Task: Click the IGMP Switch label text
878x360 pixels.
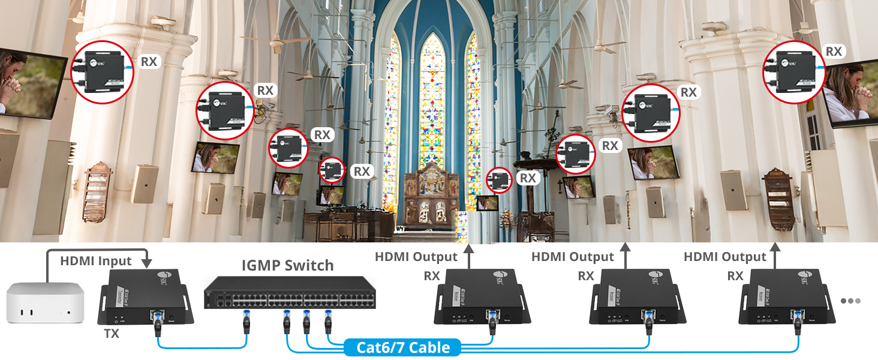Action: click(287, 265)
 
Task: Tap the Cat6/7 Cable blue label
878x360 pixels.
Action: click(402, 347)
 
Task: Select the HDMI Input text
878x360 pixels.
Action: click(96, 261)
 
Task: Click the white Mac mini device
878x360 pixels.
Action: click(43, 305)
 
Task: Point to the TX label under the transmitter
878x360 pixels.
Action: click(111, 334)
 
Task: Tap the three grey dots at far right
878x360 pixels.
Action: click(851, 301)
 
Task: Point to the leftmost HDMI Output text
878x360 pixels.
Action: click(416, 257)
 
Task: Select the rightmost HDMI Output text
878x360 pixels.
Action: click(724, 257)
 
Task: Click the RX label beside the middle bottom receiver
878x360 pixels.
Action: click(586, 276)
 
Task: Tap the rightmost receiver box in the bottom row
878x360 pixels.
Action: click(785, 297)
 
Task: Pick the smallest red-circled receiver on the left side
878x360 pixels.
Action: click(331, 171)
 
